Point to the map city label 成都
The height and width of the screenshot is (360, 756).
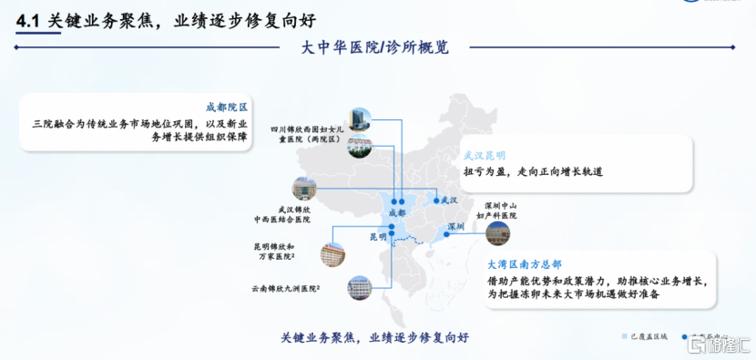pos(397,212)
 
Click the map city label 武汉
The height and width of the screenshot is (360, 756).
pos(447,201)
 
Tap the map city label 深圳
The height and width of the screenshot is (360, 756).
pos(453,226)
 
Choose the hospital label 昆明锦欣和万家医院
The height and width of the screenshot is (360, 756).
pos(275,252)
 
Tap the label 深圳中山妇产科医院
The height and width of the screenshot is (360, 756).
pos(500,210)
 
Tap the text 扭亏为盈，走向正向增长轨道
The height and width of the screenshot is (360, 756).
pos(534,171)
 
